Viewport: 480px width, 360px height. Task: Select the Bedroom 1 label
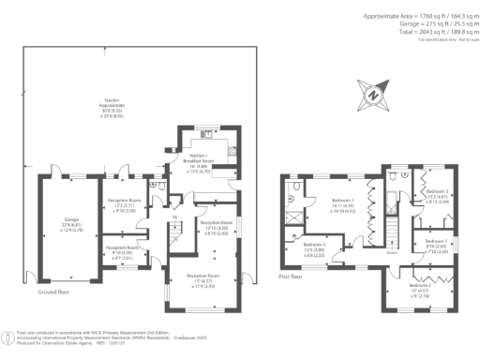[x=340, y=202]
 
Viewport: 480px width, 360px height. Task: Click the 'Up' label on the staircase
[x=173, y=217]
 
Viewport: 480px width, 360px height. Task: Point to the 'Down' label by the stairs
[x=391, y=251]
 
